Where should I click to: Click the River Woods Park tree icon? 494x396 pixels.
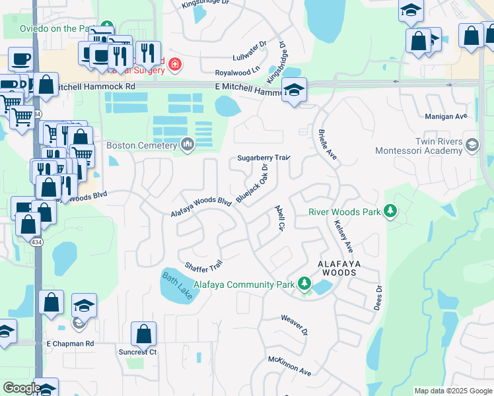[391, 212]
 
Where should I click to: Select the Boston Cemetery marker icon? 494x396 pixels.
[188, 145]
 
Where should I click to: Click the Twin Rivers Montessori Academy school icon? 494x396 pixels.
[472, 145]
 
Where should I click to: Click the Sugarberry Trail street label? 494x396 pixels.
[264, 158]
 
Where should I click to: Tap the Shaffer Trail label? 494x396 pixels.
[203, 267]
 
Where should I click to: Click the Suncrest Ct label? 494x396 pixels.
[138, 352]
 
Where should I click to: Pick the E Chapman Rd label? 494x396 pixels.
[70, 344]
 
